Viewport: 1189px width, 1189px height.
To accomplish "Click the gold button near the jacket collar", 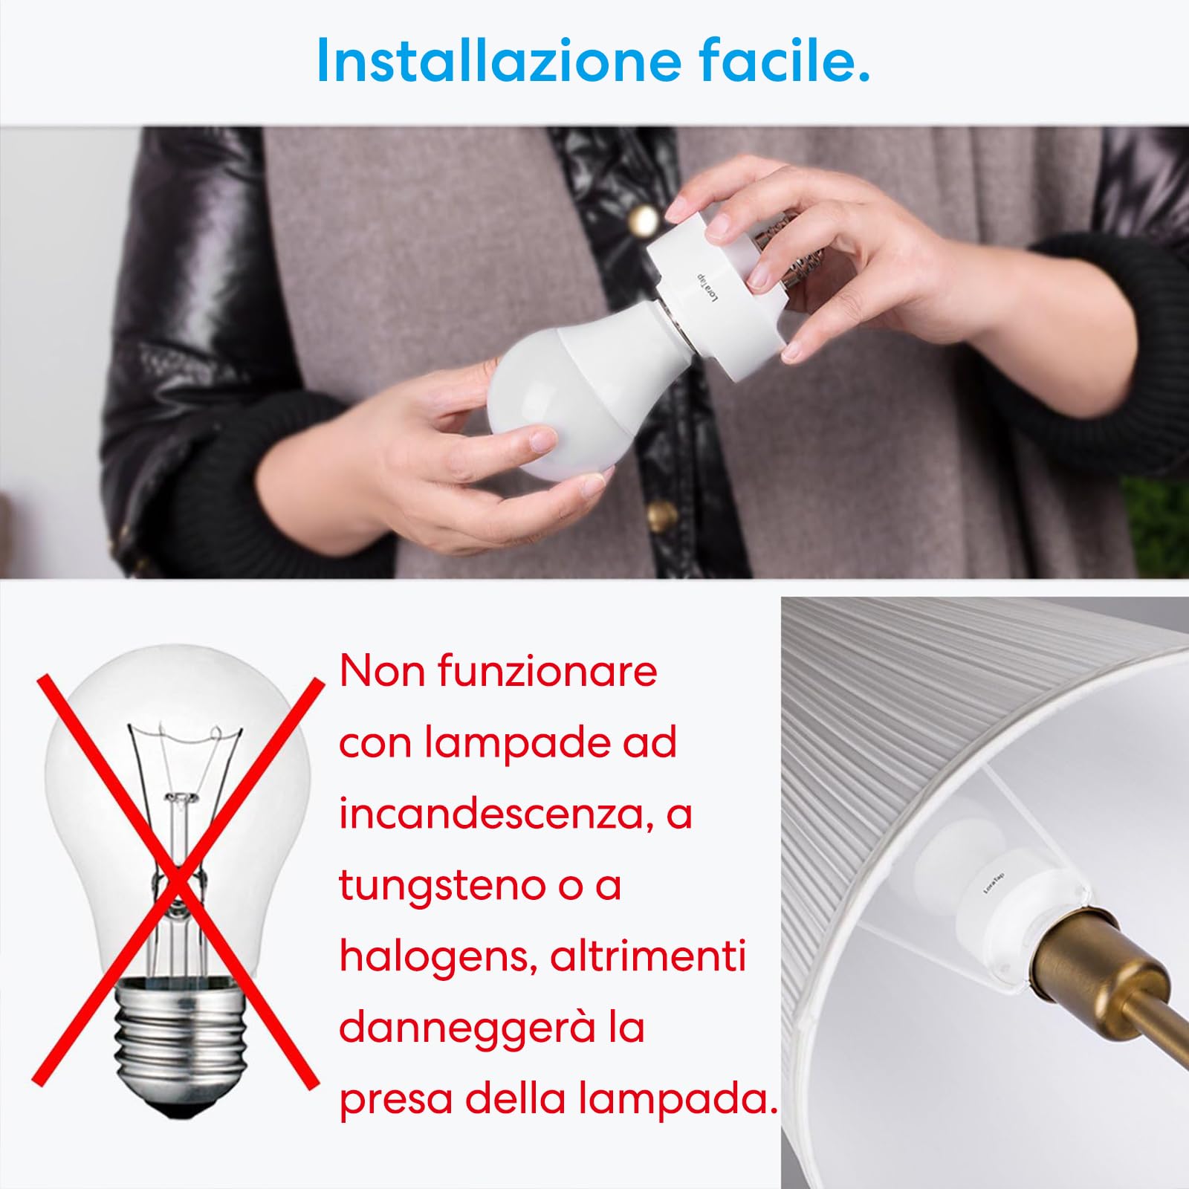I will (x=644, y=220).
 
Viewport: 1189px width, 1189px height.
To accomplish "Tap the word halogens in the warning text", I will (x=438, y=957).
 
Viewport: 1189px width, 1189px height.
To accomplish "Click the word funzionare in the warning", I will (x=547, y=671).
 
